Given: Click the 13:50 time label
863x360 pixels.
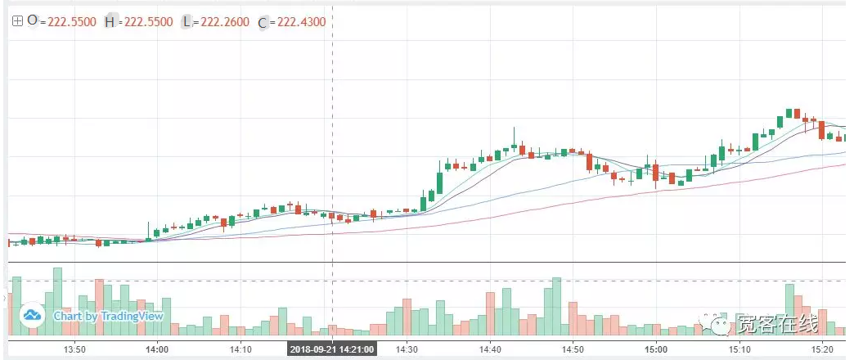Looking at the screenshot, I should [74, 349].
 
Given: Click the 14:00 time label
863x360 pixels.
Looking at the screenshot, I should [157, 349].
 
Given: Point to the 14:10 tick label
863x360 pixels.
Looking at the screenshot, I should [240, 349].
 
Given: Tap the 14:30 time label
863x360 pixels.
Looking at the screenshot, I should [407, 349].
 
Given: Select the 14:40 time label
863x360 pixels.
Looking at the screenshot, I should [490, 349].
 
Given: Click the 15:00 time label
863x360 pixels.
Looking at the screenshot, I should [656, 349].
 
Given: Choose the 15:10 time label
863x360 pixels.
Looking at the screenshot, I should [739, 349].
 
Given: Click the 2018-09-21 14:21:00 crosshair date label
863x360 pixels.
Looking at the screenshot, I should [332, 349].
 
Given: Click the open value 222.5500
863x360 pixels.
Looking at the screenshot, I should [71, 22].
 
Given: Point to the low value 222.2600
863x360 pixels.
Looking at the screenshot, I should [223, 22].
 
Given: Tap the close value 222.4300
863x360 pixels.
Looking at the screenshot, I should [299, 22].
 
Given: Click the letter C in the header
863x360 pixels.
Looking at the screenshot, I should [263, 23].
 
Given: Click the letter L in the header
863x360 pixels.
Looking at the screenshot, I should [187, 22].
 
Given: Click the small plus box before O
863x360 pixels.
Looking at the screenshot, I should [16, 21].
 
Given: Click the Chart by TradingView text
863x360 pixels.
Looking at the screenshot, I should [109, 316].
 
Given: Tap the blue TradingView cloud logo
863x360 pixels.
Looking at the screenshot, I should [33, 315].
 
